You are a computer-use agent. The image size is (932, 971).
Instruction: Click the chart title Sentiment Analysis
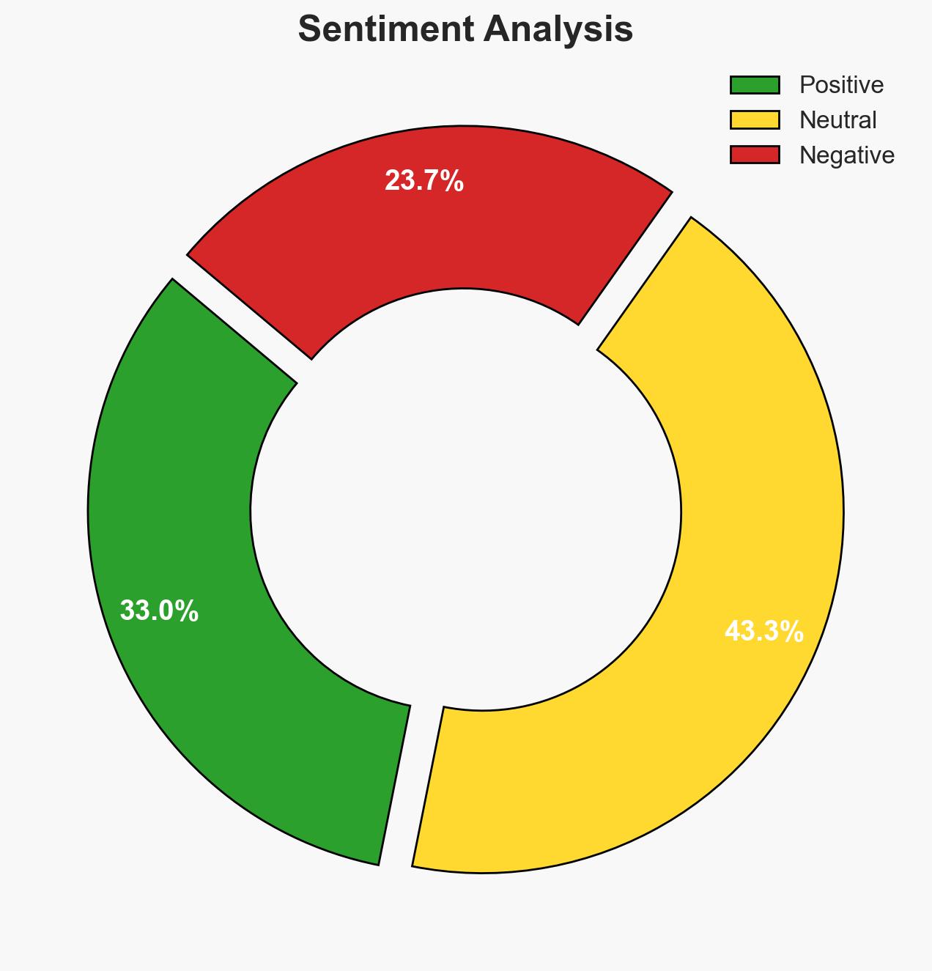pos(465,30)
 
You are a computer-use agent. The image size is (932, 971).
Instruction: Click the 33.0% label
pos(159,610)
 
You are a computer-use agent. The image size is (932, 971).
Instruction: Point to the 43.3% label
pos(763,631)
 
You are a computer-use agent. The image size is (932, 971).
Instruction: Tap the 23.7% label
pos(424,180)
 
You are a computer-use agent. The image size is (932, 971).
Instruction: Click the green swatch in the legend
pos(755,85)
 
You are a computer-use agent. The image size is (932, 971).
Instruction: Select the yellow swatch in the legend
pos(755,119)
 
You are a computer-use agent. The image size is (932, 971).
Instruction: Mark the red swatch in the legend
pos(755,155)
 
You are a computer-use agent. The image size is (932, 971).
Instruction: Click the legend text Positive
pos(841,85)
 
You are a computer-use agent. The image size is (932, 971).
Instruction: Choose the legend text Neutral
pos(837,119)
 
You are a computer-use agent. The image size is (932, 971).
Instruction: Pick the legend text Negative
pos(846,155)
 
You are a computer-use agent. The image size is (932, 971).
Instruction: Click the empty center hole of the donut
pos(466,506)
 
